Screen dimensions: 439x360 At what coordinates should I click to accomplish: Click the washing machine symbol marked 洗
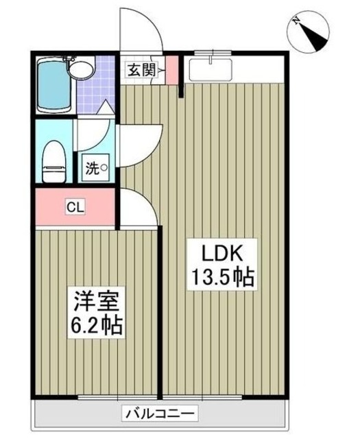[x=95, y=168]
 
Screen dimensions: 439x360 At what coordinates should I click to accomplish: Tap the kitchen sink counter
[x=213, y=71]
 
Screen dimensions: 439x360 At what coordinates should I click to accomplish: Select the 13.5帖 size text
[x=221, y=278]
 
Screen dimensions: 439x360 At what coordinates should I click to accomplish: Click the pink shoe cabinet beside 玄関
[x=171, y=69]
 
